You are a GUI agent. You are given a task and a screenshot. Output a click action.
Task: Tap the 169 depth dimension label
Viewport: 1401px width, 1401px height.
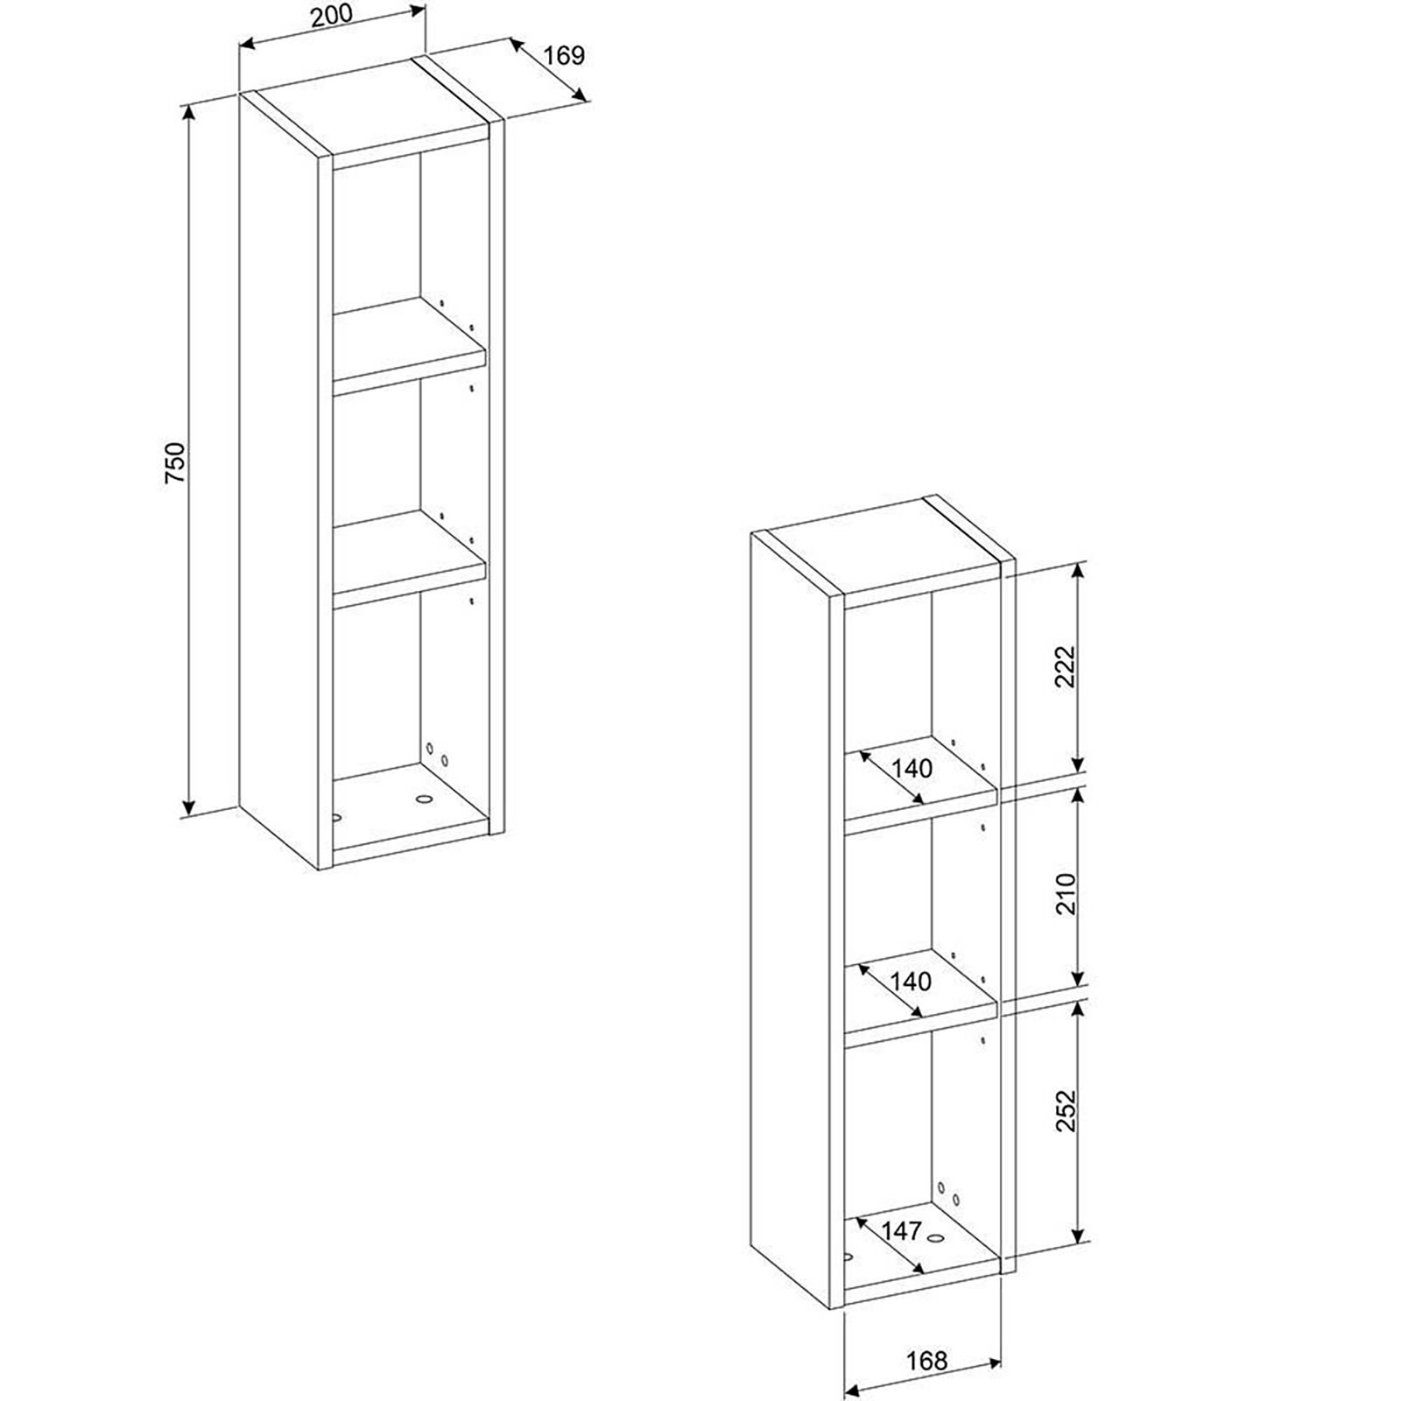coord(563,55)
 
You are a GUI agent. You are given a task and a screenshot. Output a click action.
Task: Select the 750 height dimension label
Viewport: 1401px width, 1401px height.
coord(175,463)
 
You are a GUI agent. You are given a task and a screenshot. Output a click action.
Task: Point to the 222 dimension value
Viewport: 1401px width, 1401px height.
coord(1065,667)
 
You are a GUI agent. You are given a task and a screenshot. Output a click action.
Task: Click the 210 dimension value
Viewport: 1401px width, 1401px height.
coord(1065,893)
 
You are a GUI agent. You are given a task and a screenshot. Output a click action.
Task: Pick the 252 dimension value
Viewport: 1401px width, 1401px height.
coord(1065,1111)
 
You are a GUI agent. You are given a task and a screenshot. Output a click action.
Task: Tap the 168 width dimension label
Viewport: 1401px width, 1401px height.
coord(927,1360)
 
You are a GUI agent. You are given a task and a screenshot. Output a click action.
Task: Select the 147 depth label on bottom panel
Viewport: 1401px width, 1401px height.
coord(901,1231)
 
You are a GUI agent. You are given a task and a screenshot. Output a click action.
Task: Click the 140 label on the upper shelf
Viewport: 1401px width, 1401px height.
coord(912,769)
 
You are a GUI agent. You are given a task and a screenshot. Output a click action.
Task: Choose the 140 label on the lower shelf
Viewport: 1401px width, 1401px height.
coord(912,982)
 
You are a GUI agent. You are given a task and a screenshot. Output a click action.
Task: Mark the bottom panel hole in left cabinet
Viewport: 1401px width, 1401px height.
coord(425,799)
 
